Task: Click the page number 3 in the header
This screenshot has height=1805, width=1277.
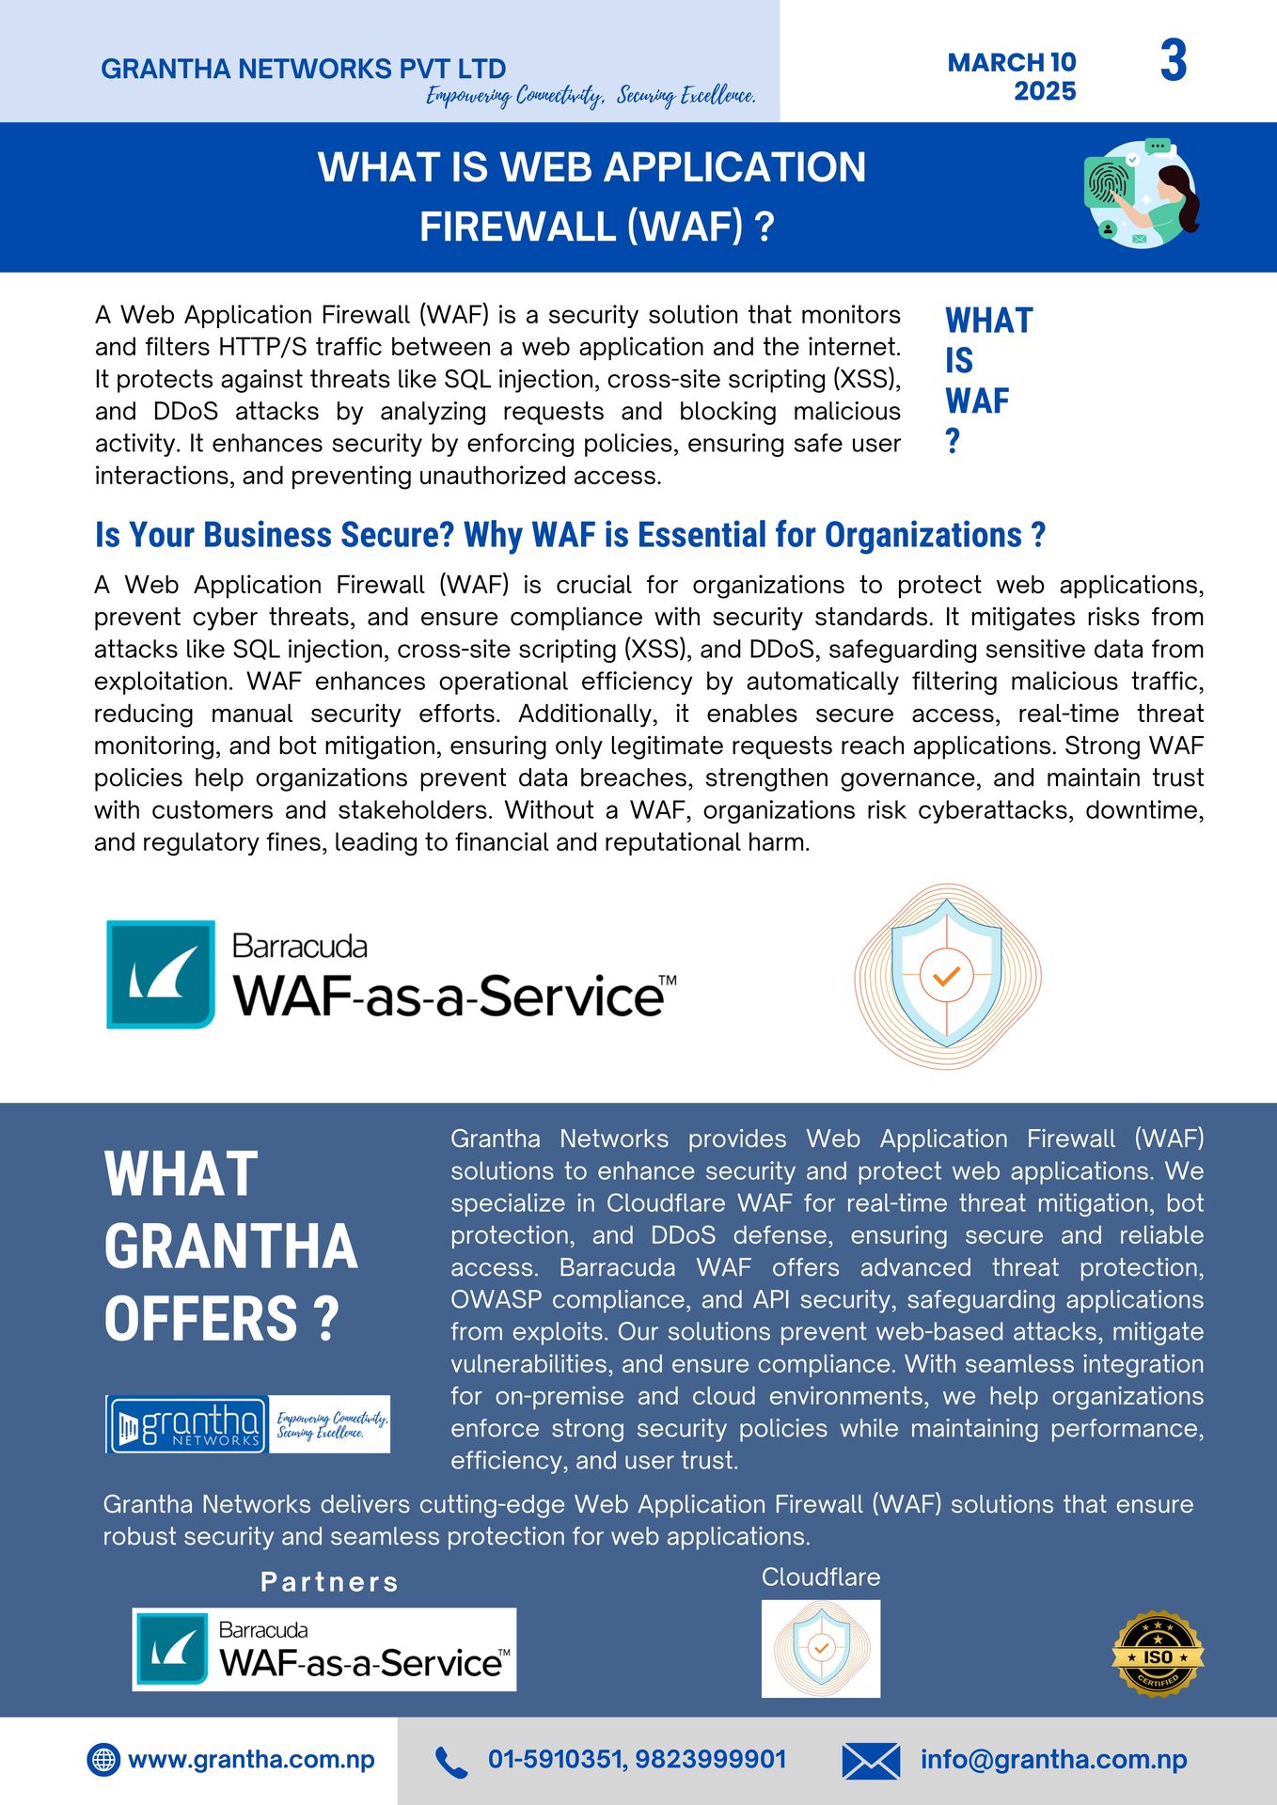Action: tap(1173, 61)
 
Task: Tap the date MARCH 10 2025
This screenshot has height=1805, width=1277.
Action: tap(1012, 76)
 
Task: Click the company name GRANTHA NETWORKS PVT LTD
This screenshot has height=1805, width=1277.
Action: tap(303, 69)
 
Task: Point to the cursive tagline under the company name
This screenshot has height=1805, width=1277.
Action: tap(591, 96)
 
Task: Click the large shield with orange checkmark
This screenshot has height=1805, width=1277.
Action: tap(947, 976)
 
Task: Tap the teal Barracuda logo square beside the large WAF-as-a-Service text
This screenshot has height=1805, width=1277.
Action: tap(161, 974)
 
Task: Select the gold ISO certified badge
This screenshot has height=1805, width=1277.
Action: tap(1158, 1654)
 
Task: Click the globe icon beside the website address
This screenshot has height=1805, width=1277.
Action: tap(103, 1759)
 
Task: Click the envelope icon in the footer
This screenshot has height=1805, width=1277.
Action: tap(871, 1761)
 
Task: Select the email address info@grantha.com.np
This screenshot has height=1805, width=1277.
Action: tap(1053, 1759)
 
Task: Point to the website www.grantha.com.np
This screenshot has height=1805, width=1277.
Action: tap(251, 1759)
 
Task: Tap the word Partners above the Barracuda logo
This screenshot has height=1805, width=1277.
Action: tap(329, 1582)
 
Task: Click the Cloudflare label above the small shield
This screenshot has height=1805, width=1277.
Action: tap(821, 1577)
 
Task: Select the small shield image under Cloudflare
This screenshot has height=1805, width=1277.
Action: tap(821, 1648)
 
